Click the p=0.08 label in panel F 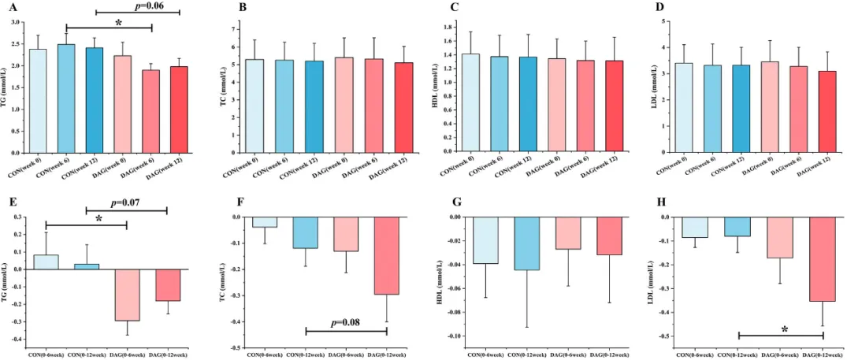tap(347, 323)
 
